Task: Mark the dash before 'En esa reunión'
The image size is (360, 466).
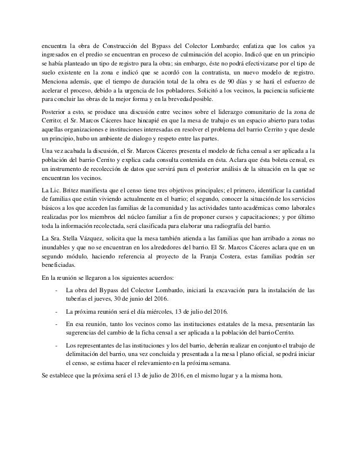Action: (54, 325)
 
